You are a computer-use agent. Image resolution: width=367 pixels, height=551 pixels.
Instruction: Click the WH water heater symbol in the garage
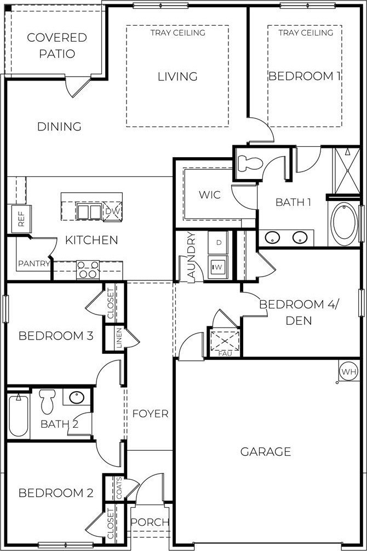coord(349,371)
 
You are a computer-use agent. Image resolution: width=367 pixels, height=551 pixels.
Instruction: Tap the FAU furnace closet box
coord(225,342)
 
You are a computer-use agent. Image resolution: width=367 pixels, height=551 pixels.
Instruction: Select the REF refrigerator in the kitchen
coord(21,219)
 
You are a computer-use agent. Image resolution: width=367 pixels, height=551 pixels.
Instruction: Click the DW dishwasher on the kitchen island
coord(112,211)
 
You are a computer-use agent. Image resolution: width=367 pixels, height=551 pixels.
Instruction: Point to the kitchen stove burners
coord(88,270)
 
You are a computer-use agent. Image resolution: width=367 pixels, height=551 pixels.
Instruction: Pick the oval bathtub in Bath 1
coord(343,223)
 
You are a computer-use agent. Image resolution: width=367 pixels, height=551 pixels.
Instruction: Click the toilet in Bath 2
coord(47,401)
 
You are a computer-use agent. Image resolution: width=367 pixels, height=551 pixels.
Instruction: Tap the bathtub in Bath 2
coord(19,415)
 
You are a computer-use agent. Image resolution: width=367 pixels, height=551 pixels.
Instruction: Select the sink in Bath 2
coord(77,398)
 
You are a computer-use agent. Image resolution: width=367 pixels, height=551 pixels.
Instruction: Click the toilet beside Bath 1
coord(250,163)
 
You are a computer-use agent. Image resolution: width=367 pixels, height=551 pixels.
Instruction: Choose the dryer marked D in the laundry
coord(219,242)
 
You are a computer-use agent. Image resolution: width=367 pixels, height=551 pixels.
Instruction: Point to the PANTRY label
coord(34,263)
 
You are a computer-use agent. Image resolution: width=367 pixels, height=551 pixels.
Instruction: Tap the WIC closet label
coord(210,194)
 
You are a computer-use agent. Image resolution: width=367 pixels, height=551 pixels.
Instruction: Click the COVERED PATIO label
coord(57,45)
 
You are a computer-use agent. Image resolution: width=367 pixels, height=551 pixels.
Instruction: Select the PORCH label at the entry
coord(150,522)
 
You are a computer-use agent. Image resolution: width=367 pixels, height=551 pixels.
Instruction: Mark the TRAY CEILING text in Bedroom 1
coord(306,33)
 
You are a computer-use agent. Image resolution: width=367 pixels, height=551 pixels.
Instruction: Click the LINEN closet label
coord(119,338)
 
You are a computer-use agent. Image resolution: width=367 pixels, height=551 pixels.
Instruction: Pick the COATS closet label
coord(119,488)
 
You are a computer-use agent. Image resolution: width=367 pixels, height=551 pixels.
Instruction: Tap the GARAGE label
coord(266,451)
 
